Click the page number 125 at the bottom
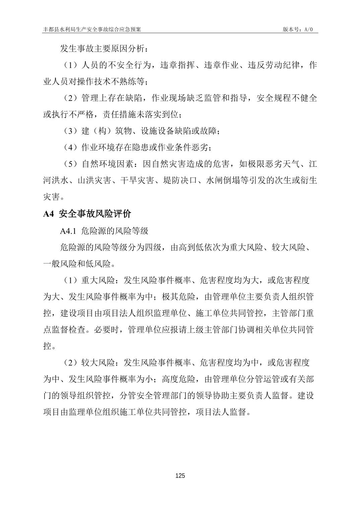(x=180, y=476)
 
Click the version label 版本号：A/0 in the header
(x=298, y=29)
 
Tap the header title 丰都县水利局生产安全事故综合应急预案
(x=92, y=29)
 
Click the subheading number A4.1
(x=69, y=231)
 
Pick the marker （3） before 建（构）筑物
(x=71, y=131)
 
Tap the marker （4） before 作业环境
(x=71, y=147)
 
